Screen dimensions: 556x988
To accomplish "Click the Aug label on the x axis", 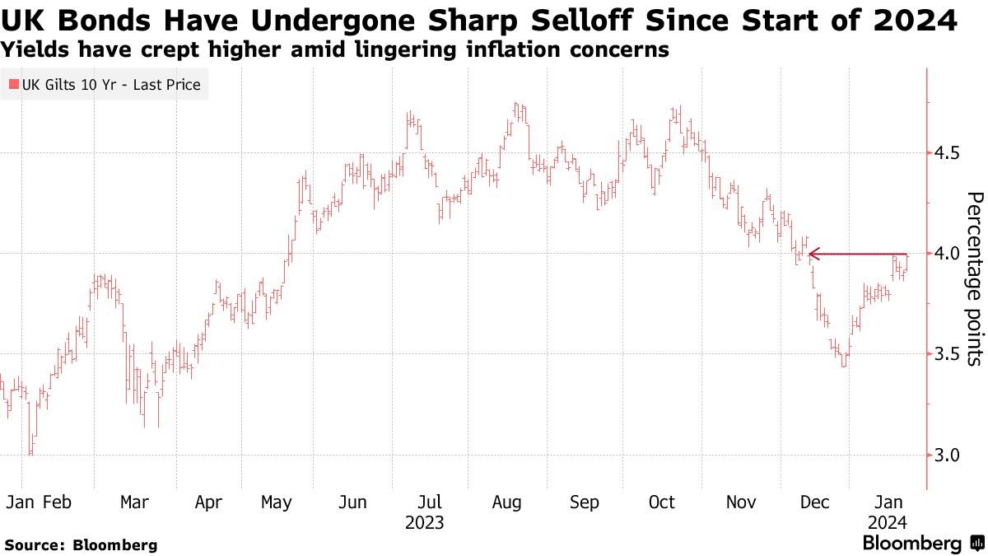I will click(507, 502).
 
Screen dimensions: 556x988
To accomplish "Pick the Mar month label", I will click(134, 502).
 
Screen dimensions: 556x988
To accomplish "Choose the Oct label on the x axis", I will click(662, 502).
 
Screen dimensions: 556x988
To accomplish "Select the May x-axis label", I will click(276, 503).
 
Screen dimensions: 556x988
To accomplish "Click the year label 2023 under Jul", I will click(425, 522).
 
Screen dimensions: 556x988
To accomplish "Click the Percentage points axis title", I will click(974, 278).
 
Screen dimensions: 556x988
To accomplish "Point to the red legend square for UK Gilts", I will click(12, 85).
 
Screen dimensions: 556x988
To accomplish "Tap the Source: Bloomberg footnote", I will click(81, 544).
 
